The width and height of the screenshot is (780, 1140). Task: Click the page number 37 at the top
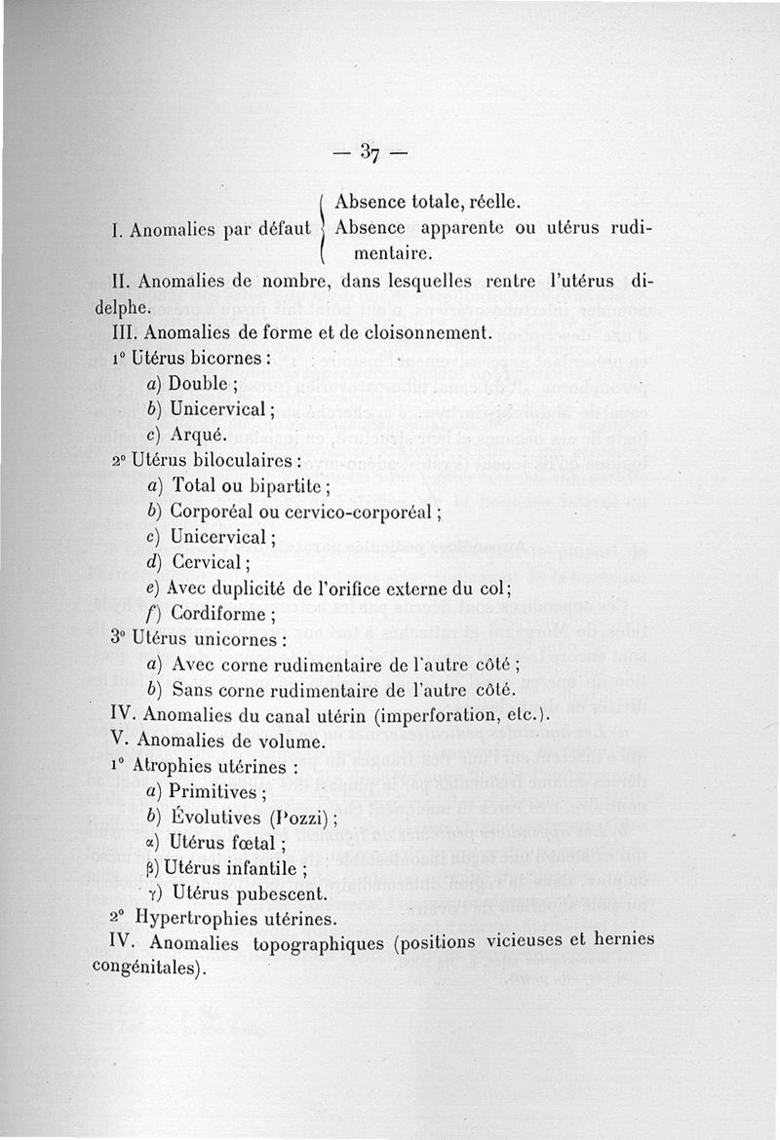pos(369,152)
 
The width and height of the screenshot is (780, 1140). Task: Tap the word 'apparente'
pos(465,229)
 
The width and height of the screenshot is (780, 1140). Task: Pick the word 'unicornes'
pos(243,640)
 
